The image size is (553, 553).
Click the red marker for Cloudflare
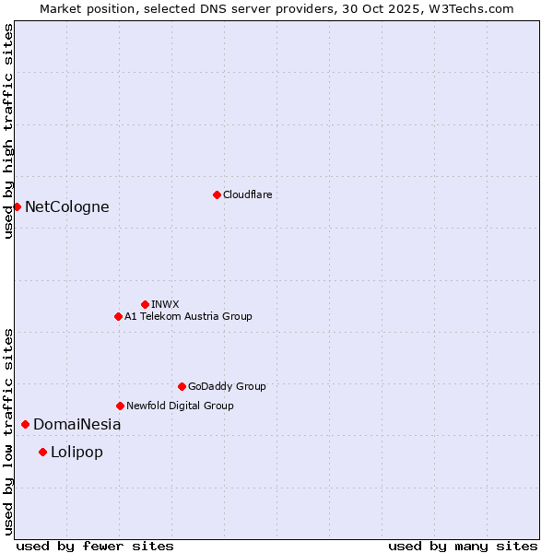click(x=217, y=194)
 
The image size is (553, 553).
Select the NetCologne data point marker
click(x=17, y=206)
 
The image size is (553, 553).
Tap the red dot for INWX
click(x=145, y=304)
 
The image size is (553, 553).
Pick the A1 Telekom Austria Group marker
click(x=118, y=316)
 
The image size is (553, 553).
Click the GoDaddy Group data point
click(x=182, y=386)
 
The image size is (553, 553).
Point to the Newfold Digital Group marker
click(x=120, y=406)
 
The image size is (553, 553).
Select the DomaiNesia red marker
click(x=25, y=424)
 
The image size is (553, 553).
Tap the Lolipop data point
click(x=42, y=452)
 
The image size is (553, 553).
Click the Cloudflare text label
click(x=247, y=194)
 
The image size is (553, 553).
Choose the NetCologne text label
click(x=66, y=206)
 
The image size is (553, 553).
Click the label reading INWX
click(x=165, y=304)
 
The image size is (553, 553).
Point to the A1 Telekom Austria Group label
click(x=188, y=316)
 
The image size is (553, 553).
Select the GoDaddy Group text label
click(x=227, y=386)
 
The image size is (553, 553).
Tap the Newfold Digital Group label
click(x=180, y=406)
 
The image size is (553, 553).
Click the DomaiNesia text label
click(x=76, y=424)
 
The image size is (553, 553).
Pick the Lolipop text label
click(x=76, y=452)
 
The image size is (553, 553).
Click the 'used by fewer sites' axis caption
click(x=95, y=546)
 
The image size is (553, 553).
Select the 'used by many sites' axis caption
click(x=463, y=546)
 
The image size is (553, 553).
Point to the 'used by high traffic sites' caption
click(x=8, y=131)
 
